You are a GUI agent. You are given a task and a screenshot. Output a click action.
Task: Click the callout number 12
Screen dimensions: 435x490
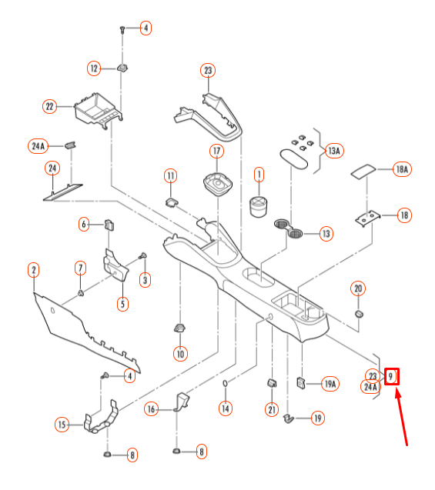[94, 68]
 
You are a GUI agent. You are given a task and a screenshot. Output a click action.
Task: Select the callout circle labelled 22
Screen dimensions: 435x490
[49, 107]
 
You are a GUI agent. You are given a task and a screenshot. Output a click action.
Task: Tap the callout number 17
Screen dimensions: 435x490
[216, 152]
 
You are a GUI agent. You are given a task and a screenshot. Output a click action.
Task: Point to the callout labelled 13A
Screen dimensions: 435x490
[334, 151]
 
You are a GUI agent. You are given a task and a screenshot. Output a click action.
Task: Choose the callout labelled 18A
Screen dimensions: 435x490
[402, 169]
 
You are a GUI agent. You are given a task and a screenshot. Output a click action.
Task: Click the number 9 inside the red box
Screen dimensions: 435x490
[390, 376]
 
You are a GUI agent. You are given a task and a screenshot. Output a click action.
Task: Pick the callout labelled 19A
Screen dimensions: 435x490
[330, 384]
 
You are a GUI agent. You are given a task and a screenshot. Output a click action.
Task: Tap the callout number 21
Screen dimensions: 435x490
[272, 409]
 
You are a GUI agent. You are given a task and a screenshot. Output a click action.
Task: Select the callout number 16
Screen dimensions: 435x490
[151, 409]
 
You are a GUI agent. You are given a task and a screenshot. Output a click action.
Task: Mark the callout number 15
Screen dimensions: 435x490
[62, 425]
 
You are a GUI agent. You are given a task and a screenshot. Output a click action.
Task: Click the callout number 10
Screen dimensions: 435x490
[180, 354]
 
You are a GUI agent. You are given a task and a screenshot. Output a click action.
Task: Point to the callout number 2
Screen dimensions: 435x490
[34, 270]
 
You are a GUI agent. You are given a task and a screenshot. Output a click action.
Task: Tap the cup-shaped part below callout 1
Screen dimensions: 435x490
[259, 206]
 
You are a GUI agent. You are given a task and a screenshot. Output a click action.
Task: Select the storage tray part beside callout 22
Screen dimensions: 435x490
[99, 110]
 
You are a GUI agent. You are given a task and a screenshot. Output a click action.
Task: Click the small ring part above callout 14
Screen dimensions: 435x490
[225, 383]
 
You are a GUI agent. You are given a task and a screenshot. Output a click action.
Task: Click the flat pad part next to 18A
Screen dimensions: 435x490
[363, 172]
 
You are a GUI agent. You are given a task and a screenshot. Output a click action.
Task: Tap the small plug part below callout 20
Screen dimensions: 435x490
[359, 314]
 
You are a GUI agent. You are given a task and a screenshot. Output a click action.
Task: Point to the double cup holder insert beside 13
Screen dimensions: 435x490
[289, 228]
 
